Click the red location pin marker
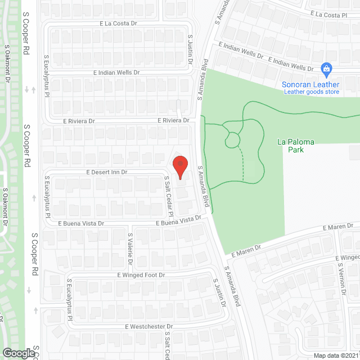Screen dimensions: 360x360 click(x=179, y=166)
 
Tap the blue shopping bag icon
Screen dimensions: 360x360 click(x=326, y=69)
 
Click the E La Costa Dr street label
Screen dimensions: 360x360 click(x=119, y=24)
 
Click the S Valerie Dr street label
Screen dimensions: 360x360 click(x=130, y=250)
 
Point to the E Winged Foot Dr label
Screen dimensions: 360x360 click(x=141, y=275)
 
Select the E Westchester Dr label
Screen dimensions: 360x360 click(x=149, y=326)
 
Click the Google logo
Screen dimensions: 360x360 click(x=18, y=353)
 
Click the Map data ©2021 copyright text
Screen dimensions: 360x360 click(x=335, y=355)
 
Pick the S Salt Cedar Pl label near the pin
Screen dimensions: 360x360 click(x=168, y=195)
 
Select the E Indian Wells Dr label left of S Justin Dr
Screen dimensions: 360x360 click(x=116, y=73)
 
